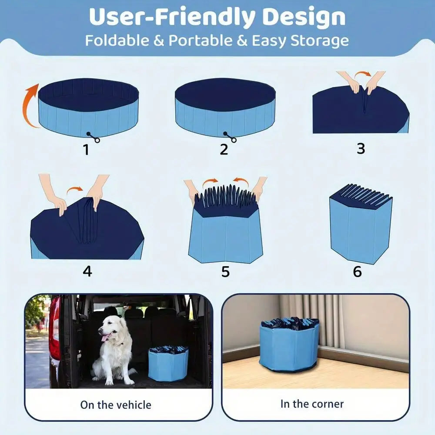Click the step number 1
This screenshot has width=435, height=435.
[x=86, y=149]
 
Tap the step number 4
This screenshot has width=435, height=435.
[x=87, y=271]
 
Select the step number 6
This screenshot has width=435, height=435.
[x=357, y=272]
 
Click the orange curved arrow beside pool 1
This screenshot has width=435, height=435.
[x=30, y=106]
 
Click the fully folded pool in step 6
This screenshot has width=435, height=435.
[x=360, y=226]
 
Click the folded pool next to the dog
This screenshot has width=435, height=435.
[x=168, y=364]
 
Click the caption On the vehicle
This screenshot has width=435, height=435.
[x=116, y=405]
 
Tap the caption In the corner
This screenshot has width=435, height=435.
[x=312, y=404]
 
